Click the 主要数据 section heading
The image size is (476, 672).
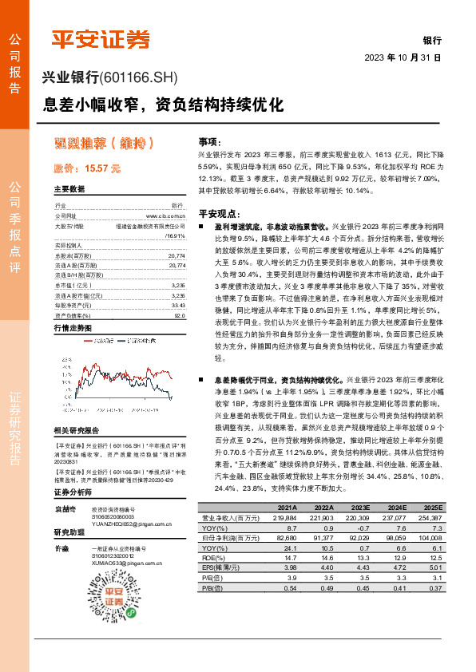pyautogui.click(x=69, y=189)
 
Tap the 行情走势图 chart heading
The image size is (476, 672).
pyautogui.click(x=73, y=328)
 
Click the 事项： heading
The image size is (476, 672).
pyautogui.click(x=209, y=140)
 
